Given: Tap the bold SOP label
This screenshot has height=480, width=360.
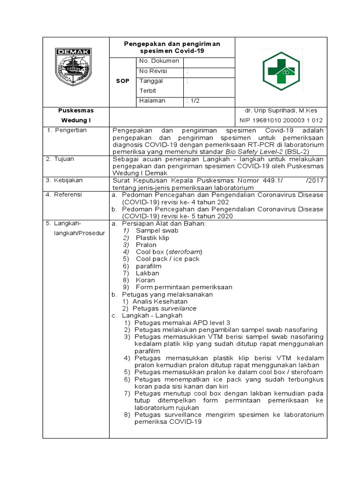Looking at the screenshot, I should click(x=123, y=81).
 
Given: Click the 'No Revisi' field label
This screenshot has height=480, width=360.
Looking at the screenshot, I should click(x=154, y=71).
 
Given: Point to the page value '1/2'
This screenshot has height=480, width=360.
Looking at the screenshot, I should click(x=193, y=101).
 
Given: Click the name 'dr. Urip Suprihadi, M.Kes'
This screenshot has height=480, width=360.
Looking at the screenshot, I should click(x=281, y=111).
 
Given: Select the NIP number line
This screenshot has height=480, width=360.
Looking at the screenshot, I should click(x=281, y=120).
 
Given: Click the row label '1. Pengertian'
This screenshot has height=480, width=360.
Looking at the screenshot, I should click(x=67, y=130).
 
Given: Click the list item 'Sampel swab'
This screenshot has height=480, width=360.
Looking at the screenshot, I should click(x=157, y=231).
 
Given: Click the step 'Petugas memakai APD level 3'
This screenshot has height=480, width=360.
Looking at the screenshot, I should click(x=182, y=322).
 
